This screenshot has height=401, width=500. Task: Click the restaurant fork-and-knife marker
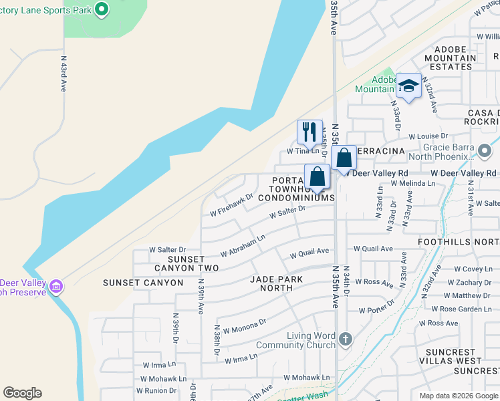point(308,130)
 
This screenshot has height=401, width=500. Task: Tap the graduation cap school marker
point(408,86)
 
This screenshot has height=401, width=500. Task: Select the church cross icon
point(345,339)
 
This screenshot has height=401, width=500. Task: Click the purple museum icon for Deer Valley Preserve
point(57,287)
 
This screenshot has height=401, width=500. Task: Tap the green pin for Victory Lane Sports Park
point(102,9)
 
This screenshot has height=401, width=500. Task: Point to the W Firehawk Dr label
point(231,206)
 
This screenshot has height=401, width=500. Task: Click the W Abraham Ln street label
point(243,245)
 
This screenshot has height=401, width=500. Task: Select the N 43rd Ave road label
point(64,73)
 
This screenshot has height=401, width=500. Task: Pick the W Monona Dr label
point(245,325)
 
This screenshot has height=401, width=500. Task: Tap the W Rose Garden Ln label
point(461,309)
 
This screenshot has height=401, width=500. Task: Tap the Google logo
point(22,393)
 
